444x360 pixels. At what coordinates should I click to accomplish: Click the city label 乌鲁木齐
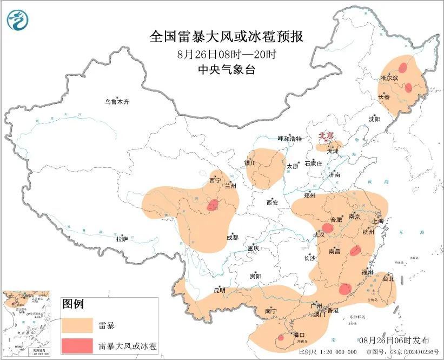[117, 102]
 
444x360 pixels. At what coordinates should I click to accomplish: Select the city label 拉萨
[122, 239]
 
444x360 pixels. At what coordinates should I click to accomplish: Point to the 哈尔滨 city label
[389, 78]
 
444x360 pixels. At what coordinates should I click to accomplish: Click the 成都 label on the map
[232, 237]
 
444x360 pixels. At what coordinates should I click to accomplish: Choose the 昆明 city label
[218, 291]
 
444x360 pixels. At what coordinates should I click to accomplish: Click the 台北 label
[389, 279]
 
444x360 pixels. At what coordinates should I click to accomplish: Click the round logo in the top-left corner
[18, 21]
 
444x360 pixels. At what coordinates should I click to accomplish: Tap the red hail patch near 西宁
[213, 205]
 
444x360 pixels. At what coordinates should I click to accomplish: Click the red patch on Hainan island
[280, 338]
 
